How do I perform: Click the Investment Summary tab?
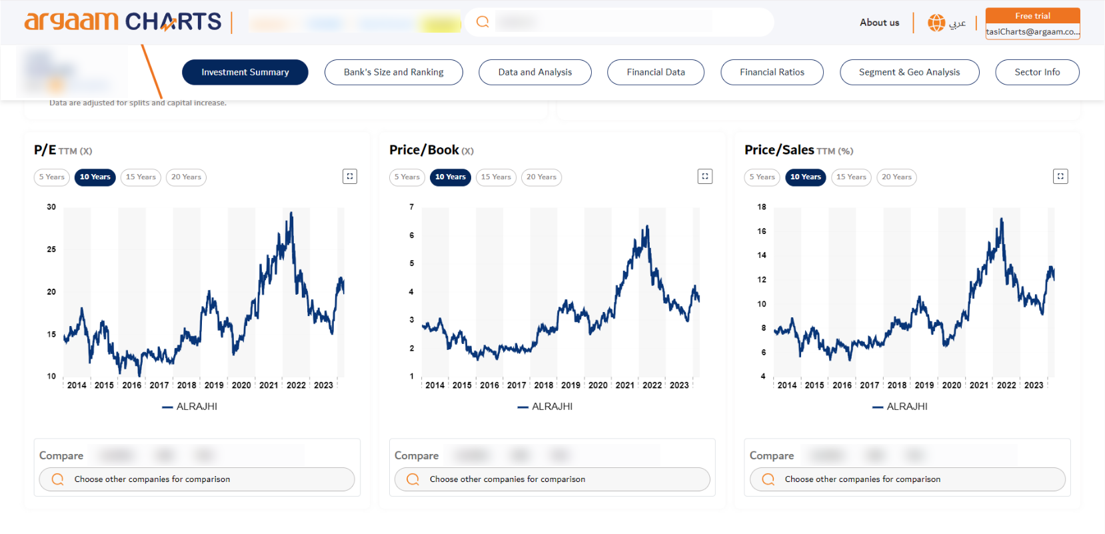245,72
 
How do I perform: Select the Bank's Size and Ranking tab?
393,72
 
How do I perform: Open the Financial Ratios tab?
772,72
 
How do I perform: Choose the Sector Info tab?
1037,72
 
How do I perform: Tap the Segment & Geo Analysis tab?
909,72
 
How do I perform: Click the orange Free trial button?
1032,16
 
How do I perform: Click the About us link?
879,23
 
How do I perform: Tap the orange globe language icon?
936,23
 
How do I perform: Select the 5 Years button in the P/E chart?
52,177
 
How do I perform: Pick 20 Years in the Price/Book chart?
541,177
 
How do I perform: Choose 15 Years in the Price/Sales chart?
851,177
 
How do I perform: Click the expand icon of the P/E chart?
350,177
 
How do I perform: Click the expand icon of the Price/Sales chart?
1060,177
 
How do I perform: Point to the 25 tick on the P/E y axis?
51,249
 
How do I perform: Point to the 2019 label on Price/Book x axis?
570,385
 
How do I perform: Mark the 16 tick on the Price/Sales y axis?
762,231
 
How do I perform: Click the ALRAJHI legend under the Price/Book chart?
546,407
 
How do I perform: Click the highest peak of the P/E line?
291,213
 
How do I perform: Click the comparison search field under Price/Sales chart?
907,479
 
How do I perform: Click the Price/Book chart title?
424,150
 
